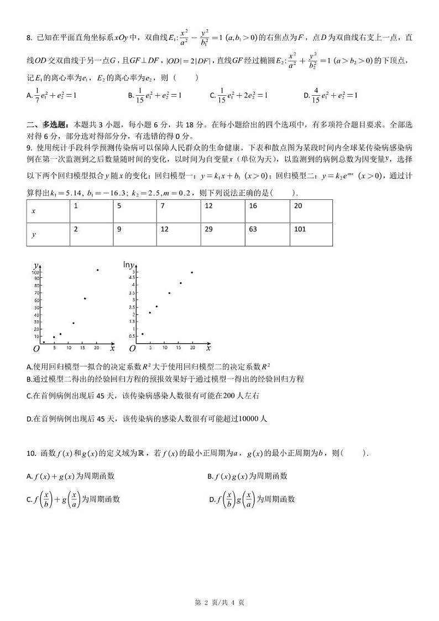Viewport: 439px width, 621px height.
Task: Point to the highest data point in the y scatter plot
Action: (x=98, y=270)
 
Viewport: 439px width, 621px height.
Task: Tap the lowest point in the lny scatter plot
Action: (x=143, y=334)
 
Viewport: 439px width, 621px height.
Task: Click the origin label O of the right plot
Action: (x=132, y=349)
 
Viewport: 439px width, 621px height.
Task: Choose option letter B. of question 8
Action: (x=131, y=95)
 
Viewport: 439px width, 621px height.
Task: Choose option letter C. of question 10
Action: (x=29, y=499)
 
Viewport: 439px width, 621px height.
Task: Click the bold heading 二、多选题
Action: (x=47, y=125)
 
